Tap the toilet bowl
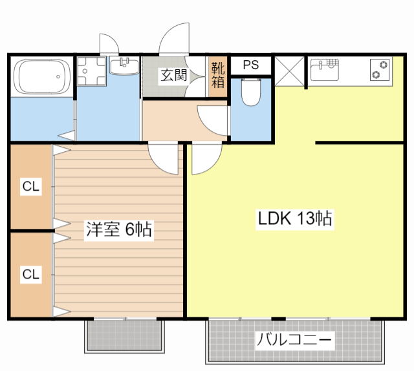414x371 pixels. pos(250,92)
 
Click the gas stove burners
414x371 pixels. pos(380,69)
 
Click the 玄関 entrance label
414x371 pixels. pos(173,75)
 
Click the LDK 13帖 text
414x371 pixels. pos(295,219)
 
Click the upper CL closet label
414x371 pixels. pos(30,187)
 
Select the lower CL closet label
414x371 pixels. pos(30,274)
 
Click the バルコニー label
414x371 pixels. pos(294,339)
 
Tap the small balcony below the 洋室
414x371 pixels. pos(122,335)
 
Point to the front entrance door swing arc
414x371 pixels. pos(173,40)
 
